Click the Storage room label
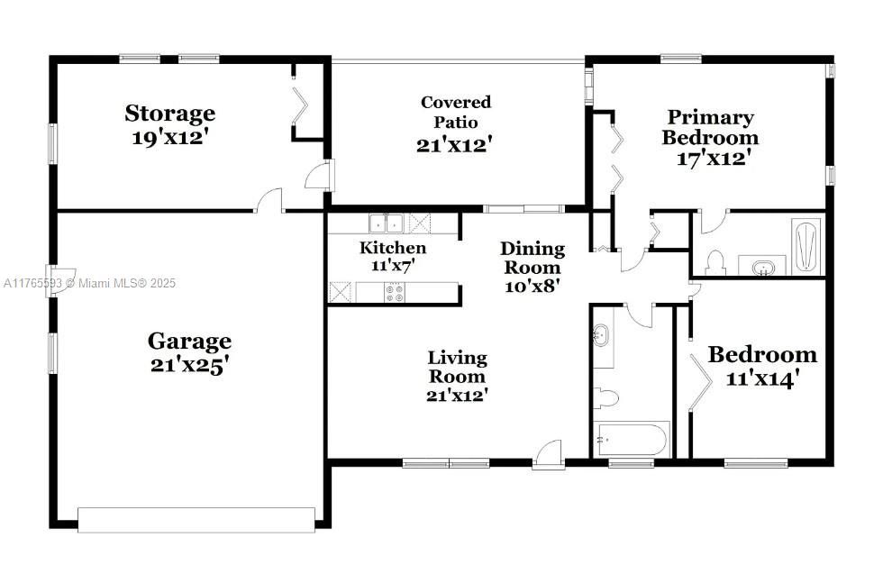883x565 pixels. coord(170,114)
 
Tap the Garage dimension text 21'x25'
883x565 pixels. coord(190,365)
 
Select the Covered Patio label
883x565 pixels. coord(456,112)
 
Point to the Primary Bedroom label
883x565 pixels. coord(710,127)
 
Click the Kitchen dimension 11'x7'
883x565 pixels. coord(393,265)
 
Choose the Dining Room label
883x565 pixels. coord(533,258)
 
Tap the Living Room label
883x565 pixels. coord(457,367)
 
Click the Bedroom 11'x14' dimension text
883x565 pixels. coord(762,378)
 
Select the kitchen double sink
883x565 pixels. coord(387,223)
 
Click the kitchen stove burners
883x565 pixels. coord(395,292)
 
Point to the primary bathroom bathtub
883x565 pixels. coord(806,246)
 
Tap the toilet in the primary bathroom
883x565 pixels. coord(715,262)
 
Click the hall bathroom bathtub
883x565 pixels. coord(632,440)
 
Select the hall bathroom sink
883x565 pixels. coord(601,336)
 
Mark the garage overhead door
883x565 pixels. coord(196,520)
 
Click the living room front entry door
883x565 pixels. coord(549,454)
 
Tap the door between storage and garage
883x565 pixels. coord(269,201)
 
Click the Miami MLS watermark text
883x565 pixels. coord(89,283)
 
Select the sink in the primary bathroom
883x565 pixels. coord(762,267)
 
